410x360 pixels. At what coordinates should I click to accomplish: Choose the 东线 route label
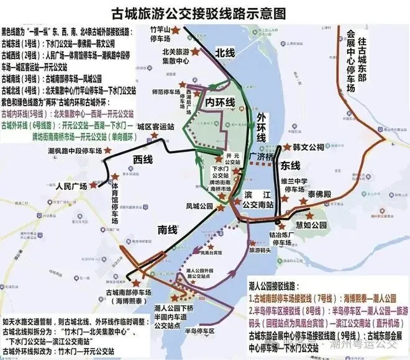point(290,166)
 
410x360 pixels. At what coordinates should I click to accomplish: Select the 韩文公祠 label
point(309,147)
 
